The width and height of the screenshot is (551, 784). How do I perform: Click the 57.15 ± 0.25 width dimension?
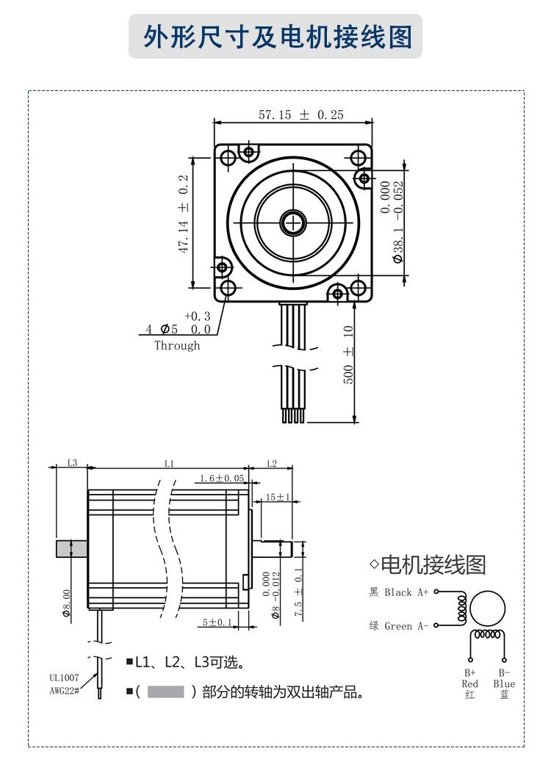(301, 115)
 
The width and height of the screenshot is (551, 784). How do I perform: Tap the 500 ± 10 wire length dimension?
(348, 355)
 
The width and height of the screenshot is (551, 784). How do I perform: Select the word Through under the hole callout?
(176, 345)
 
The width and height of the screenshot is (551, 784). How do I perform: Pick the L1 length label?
(169, 463)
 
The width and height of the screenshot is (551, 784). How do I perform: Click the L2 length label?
(271, 463)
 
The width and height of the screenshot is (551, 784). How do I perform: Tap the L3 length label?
(72, 463)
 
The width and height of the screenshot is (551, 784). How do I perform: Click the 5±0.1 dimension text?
(217, 623)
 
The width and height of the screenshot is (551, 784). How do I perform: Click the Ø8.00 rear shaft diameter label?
(66, 602)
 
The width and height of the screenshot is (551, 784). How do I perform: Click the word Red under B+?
(470, 683)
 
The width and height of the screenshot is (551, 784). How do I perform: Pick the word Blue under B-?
(504, 683)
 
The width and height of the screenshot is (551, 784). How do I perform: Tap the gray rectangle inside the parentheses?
(165, 692)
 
